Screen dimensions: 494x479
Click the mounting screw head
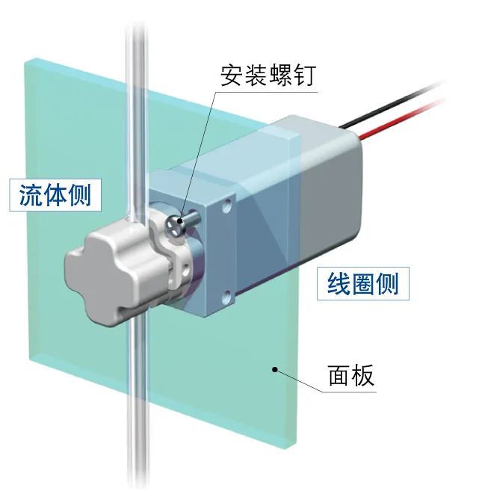(176, 223)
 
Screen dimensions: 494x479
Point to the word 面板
(351, 376)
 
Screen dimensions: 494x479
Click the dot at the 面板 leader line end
(275, 368)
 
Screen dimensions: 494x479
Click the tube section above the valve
(136, 112)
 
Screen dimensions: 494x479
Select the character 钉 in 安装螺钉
(303, 75)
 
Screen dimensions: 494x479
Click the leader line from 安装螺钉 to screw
(202, 149)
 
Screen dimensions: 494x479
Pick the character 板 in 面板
(362, 376)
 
